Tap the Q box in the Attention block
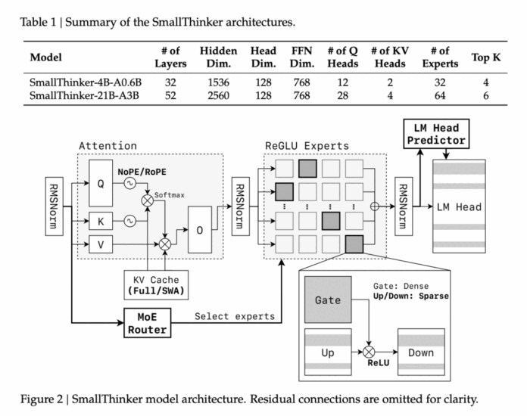101,182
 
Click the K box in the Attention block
101,222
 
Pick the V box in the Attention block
101,244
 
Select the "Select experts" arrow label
227,316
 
